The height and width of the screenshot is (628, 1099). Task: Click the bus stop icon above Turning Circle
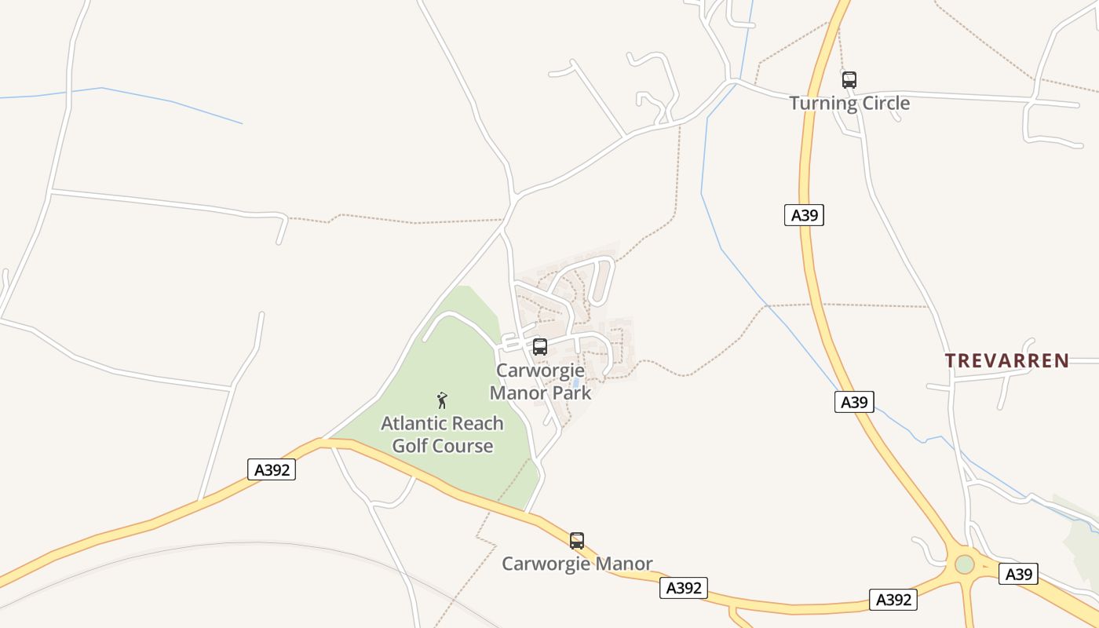coord(849,79)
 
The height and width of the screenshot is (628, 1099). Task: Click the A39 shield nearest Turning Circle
coord(804,215)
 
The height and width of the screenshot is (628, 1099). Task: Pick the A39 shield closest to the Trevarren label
coord(854,402)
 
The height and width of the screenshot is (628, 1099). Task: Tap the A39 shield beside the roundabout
coord(1019,574)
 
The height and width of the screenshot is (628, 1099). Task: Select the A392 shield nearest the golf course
coord(272,469)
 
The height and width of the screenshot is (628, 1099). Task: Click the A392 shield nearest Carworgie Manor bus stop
coord(683,588)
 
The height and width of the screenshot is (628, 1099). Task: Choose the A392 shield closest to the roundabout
coord(893,600)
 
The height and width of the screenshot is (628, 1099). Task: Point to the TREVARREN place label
coord(1006,361)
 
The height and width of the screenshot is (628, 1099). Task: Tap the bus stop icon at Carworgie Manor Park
coord(539,347)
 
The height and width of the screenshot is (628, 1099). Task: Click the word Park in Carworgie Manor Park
coord(573,392)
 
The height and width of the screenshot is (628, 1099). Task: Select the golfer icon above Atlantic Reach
coord(442,400)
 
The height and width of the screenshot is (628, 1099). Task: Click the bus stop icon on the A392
coord(577,540)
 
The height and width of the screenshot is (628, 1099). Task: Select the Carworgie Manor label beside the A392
coord(577,564)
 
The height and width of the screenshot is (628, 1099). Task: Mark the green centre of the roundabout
coord(964,564)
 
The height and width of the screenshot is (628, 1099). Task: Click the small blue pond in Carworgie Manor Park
coord(575,383)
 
